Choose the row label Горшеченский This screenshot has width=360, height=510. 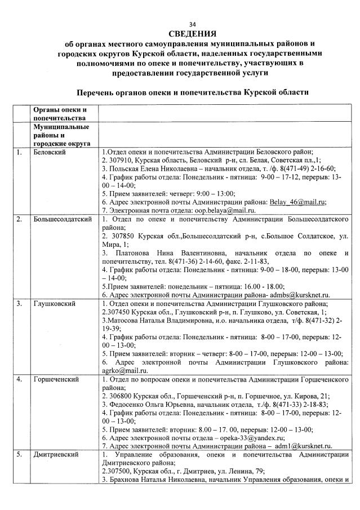tap(56, 379)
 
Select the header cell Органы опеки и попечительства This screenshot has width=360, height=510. tap(60, 113)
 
